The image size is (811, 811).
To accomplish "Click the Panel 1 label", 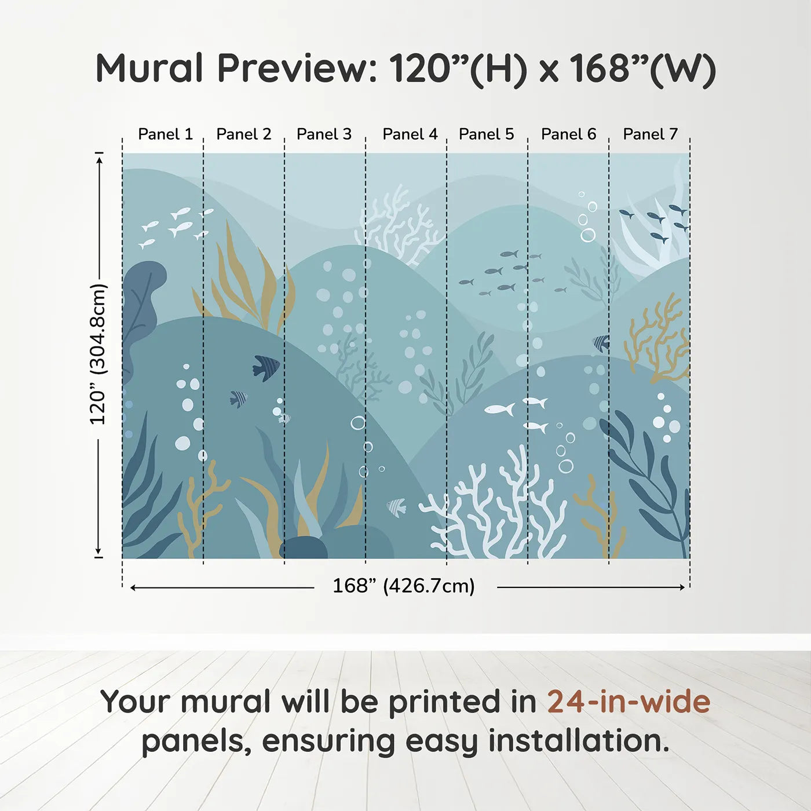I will point(165,134).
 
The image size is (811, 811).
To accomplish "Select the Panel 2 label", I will point(243,134).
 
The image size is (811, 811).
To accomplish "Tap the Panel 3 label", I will point(324,134).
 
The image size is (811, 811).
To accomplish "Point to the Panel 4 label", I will point(410,134).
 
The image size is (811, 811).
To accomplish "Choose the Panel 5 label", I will point(486,134).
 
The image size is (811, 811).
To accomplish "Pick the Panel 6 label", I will point(568,134).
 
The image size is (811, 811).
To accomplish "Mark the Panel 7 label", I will point(650,134).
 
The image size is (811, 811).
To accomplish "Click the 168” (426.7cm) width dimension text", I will point(403,586).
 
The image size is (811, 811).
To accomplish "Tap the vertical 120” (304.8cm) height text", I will point(98,355).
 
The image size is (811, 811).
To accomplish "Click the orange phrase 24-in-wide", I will point(629,702).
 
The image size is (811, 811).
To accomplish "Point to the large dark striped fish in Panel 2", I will point(266,367).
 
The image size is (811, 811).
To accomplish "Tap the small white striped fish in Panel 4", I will point(397,507).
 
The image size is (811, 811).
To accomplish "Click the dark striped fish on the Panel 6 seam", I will point(602,344).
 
